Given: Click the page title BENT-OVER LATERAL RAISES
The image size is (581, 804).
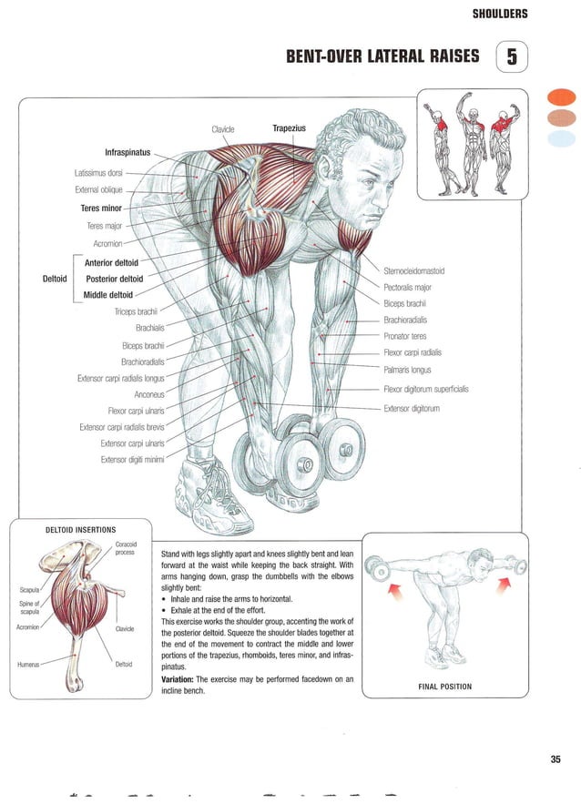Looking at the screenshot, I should pyautogui.click(x=382, y=56).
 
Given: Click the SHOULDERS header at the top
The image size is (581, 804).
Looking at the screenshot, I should pyautogui.click(x=500, y=14).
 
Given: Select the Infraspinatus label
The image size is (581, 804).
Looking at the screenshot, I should pyautogui.click(x=127, y=151).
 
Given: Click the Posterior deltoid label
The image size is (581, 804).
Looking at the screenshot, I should pyautogui.click(x=114, y=279).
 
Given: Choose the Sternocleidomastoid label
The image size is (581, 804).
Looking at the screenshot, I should pyautogui.click(x=413, y=270).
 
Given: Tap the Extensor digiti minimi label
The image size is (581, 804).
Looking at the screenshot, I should pyautogui.click(x=132, y=459).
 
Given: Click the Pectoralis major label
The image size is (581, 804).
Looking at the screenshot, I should pyautogui.click(x=407, y=287).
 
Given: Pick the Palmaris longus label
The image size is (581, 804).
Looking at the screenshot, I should pyautogui.click(x=407, y=370).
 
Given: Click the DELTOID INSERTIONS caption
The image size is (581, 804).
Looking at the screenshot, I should pyautogui.click(x=80, y=529).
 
